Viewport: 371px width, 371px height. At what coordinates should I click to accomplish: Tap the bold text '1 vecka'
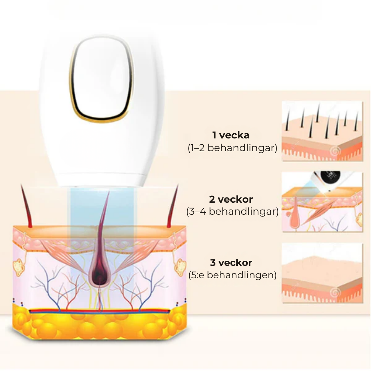click(x=231, y=135)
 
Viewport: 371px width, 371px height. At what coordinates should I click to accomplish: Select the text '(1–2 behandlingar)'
click(x=232, y=148)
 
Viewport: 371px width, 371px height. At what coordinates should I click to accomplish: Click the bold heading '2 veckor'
click(x=231, y=199)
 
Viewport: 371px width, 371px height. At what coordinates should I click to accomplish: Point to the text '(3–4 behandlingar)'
click(x=232, y=211)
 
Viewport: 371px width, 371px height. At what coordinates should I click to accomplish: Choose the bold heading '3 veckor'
click(x=231, y=262)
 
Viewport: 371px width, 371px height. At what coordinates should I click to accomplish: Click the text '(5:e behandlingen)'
click(x=232, y=275)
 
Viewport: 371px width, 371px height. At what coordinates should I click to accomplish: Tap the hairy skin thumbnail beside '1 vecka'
click(x=322, y=131)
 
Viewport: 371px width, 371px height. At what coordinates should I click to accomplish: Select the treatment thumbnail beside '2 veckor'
click(x=322, y=202)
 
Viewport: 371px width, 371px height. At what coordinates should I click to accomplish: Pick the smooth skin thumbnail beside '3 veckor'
click(x=322, y=273)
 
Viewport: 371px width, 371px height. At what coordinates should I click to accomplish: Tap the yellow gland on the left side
click(x=19, y=267)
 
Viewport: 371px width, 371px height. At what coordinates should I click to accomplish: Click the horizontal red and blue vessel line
click(x=99, y=311)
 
